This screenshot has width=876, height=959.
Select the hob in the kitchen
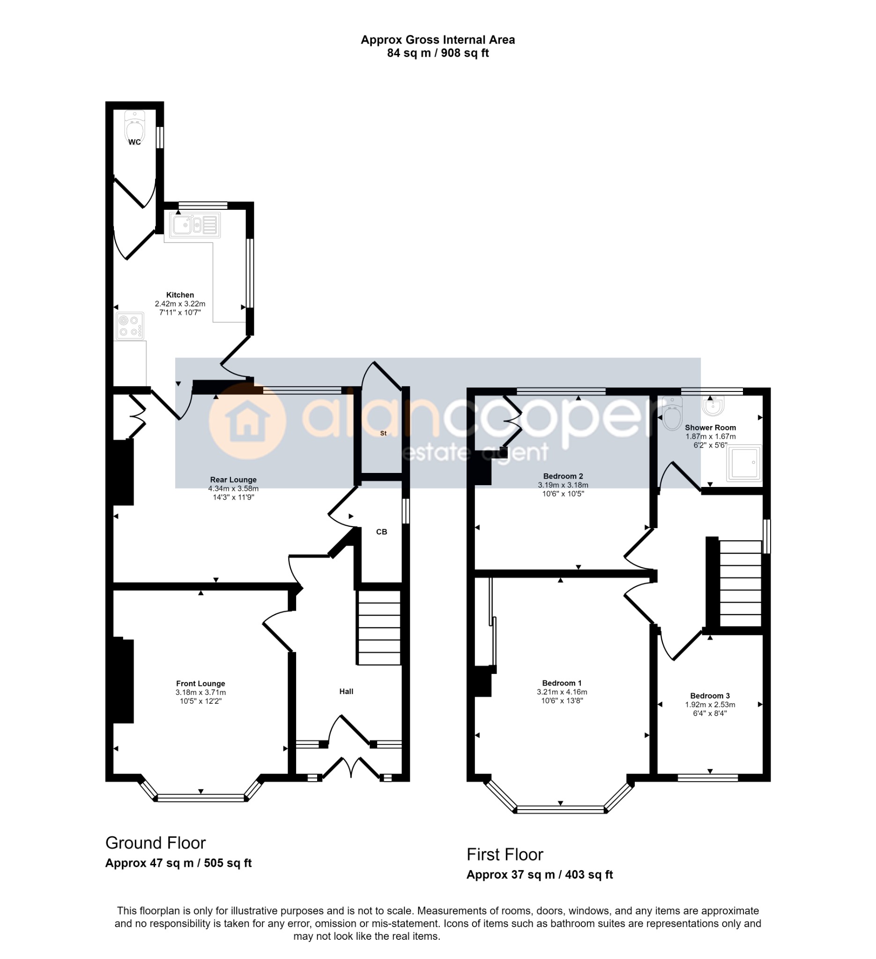click(x=129, y=326)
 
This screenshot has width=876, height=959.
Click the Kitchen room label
click(x=180, y=295)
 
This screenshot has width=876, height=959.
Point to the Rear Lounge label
click(x=233, y=480)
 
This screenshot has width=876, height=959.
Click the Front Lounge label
click(x=200, y=684)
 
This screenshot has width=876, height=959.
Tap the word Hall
click(x=346, y=691)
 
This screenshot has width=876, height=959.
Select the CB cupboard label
click(x=382, y=532)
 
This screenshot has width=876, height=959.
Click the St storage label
click(x=383, y=433)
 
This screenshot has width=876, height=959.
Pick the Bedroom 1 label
click(x=562, y=683)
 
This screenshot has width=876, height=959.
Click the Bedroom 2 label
click(x=563, y=476)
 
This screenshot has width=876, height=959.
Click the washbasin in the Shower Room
click(x=713, y=406)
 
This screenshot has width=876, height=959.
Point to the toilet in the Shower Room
click(x=672, y=414)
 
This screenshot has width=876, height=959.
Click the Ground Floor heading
click(x=156, y=843)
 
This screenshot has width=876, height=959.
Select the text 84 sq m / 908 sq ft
click(x=438, y=53)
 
